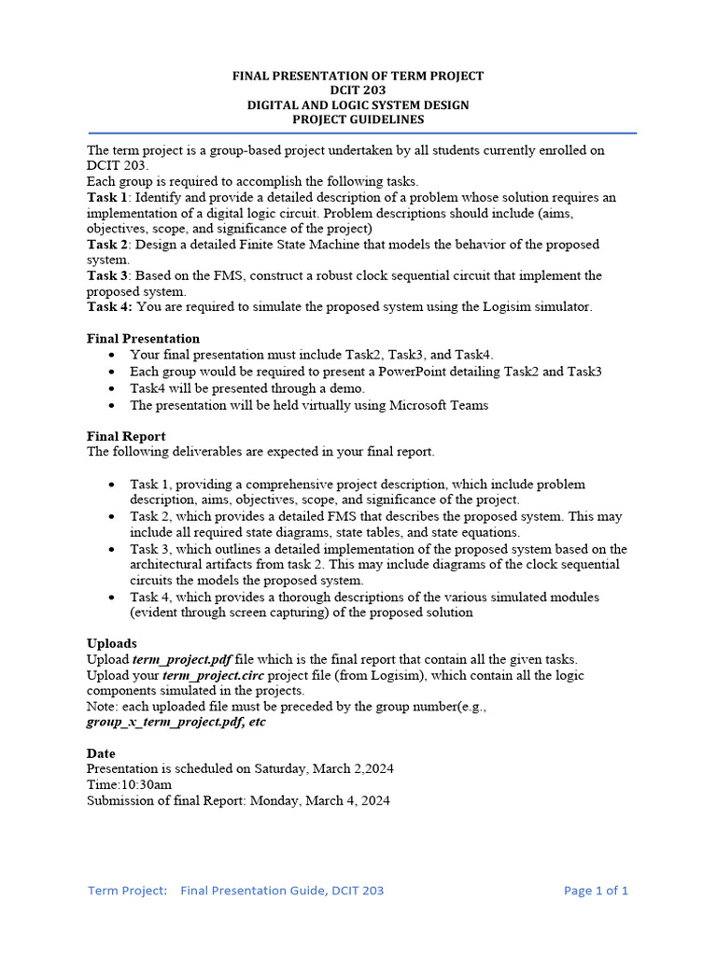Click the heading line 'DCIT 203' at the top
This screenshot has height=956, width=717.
(358, 91)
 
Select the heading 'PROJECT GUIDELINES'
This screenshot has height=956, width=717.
(358, 119)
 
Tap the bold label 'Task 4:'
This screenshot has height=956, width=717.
(109, 306)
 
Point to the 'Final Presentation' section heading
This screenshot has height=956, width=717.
(143, 338)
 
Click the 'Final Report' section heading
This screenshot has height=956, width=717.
(126, 436)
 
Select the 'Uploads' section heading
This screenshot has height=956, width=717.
(112, 643)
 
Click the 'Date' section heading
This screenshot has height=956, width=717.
(101, 753)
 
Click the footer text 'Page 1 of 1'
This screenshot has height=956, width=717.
(596, 891)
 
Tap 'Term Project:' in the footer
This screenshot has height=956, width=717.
(128, 891)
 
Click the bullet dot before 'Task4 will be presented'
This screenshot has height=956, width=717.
(112, 389)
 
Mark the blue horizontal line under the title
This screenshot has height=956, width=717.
(358, 134)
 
